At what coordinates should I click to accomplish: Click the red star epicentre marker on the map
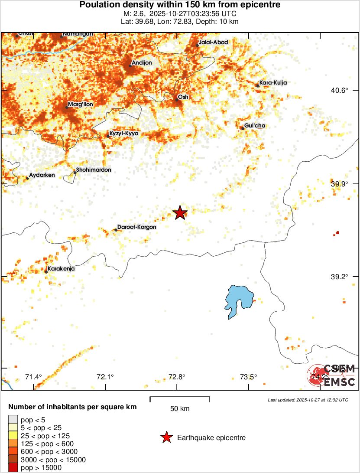coord(180,212)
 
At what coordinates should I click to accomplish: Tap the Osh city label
coord(183,97)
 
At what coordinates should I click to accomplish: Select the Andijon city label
coord(142,63)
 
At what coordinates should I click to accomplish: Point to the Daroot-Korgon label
coord(136,227)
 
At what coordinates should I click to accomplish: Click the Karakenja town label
coord(61,269)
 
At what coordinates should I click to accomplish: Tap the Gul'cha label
coord(255,126)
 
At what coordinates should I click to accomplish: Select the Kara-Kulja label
coord(272,83)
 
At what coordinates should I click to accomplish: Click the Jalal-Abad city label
coord(213,42)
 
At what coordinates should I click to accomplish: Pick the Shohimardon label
coord(94,170)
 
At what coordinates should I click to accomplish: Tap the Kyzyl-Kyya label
coord(124,134)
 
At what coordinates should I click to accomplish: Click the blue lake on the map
coord(238,300)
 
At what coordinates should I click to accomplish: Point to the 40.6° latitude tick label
coord(339,91)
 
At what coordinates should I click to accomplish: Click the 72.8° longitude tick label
coord(177,377)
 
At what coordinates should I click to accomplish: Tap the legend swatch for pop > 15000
coord(13,467)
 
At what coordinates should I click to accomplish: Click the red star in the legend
coord(166,438)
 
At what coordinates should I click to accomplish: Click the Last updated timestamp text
coord(308,400)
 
